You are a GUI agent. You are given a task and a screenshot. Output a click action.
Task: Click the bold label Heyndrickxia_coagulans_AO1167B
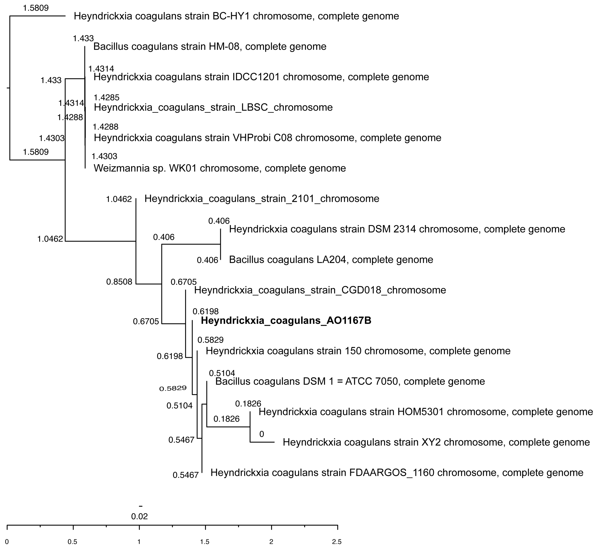(x=286, y=320)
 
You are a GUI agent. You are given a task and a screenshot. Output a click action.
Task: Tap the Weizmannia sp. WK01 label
(x=220, y=168)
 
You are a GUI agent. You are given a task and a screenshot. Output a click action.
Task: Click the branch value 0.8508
(x=119, y=282)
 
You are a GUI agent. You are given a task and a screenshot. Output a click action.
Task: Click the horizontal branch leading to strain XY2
(x=262, y=442)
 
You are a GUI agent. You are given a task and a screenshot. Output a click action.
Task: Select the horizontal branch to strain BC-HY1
(x=37, y=16)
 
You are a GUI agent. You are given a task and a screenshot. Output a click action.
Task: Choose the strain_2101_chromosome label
(x=262, y=199)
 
